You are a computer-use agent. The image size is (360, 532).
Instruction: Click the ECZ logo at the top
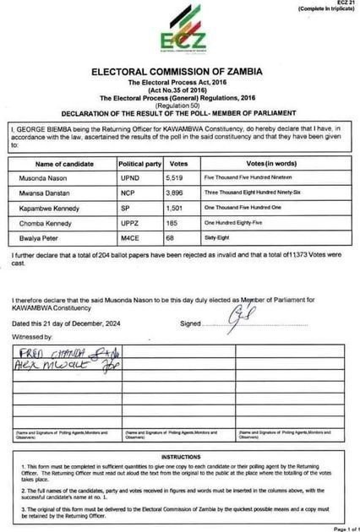pos(179,35)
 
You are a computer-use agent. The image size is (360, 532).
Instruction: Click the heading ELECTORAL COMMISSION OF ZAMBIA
pos(180,73)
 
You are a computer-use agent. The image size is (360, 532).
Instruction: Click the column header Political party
pos(135,162)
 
